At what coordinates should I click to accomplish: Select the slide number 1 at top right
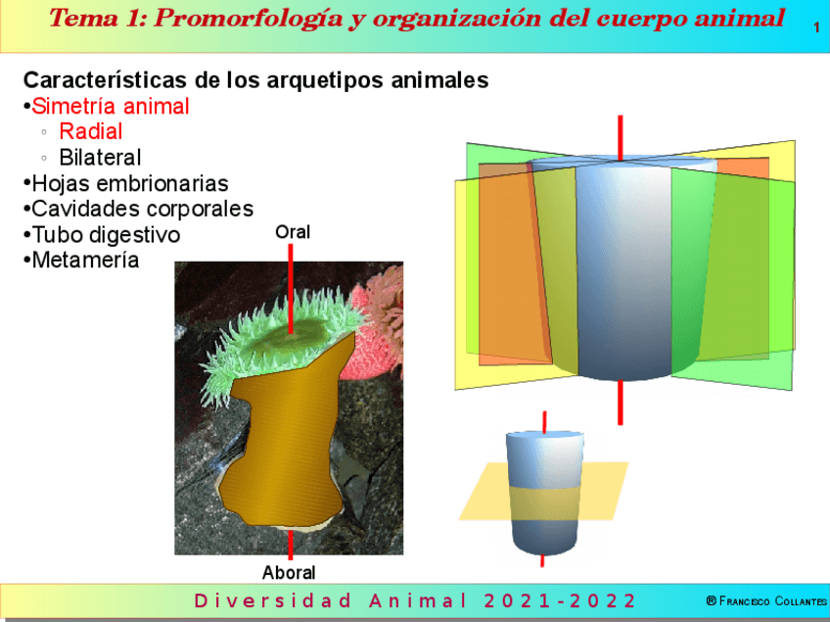tap(816, 28)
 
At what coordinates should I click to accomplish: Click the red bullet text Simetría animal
tap(111, 107)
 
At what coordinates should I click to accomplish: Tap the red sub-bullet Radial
tap(90, 131)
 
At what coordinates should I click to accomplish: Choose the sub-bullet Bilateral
tap(100, 157)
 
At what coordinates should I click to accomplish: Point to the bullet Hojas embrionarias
tap(129, 183)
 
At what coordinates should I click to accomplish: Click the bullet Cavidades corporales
tap(142, 209)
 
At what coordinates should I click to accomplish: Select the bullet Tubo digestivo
tap(106, 235)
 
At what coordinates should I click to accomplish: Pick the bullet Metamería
tap(85, 261)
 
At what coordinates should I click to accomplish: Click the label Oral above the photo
tap(292, 232)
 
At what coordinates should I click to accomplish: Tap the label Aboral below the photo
tap(289, 572)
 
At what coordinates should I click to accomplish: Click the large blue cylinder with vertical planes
tap(622, 274)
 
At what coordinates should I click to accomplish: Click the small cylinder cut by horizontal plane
tap(543, 490)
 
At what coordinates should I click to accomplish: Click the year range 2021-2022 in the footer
tap(560, 600)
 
